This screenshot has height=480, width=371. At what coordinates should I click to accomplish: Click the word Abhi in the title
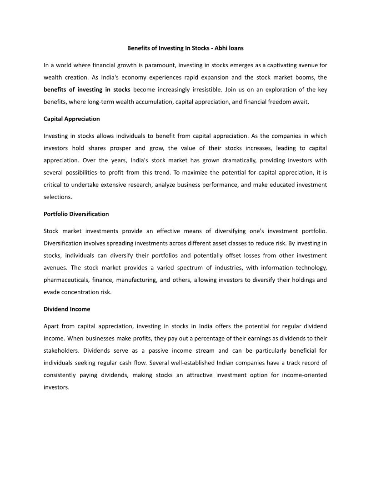(x=221, y=48)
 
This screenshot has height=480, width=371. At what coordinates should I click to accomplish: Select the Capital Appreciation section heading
(x=71, y=119)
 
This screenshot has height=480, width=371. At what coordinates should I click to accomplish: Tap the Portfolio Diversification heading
(x=76, y=214)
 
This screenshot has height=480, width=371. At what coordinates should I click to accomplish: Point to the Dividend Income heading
(x=67, y=309)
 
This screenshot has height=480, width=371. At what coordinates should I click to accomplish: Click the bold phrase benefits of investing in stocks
(x=87, y=90)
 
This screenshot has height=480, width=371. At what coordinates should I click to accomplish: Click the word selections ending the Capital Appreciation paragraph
(x=58, y=197)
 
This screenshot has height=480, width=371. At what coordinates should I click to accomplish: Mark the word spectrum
(x=192, y=268)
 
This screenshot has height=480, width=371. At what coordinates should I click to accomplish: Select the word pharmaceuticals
(x=65, y=280)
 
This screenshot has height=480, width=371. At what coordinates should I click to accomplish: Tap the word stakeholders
(x=62, y=351)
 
